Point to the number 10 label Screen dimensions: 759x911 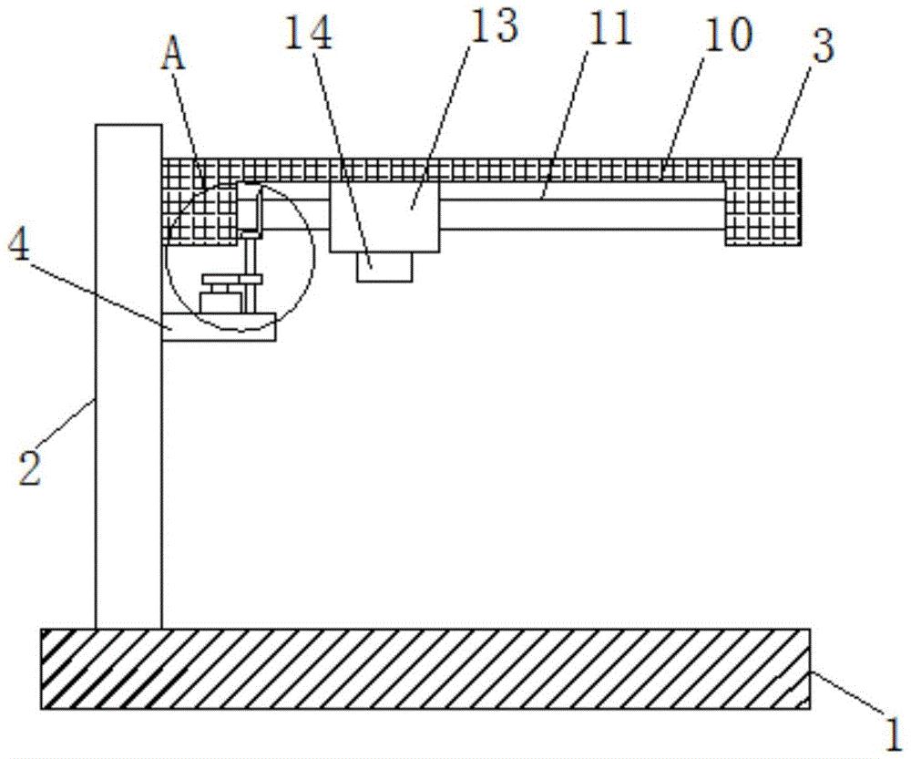point(728,34)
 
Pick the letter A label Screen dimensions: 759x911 point(174,57)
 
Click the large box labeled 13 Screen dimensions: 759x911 point(384,217)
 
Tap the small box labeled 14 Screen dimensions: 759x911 point(384,266)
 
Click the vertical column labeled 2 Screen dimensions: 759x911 point(128,383)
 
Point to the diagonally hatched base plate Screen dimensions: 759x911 point(425,668)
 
